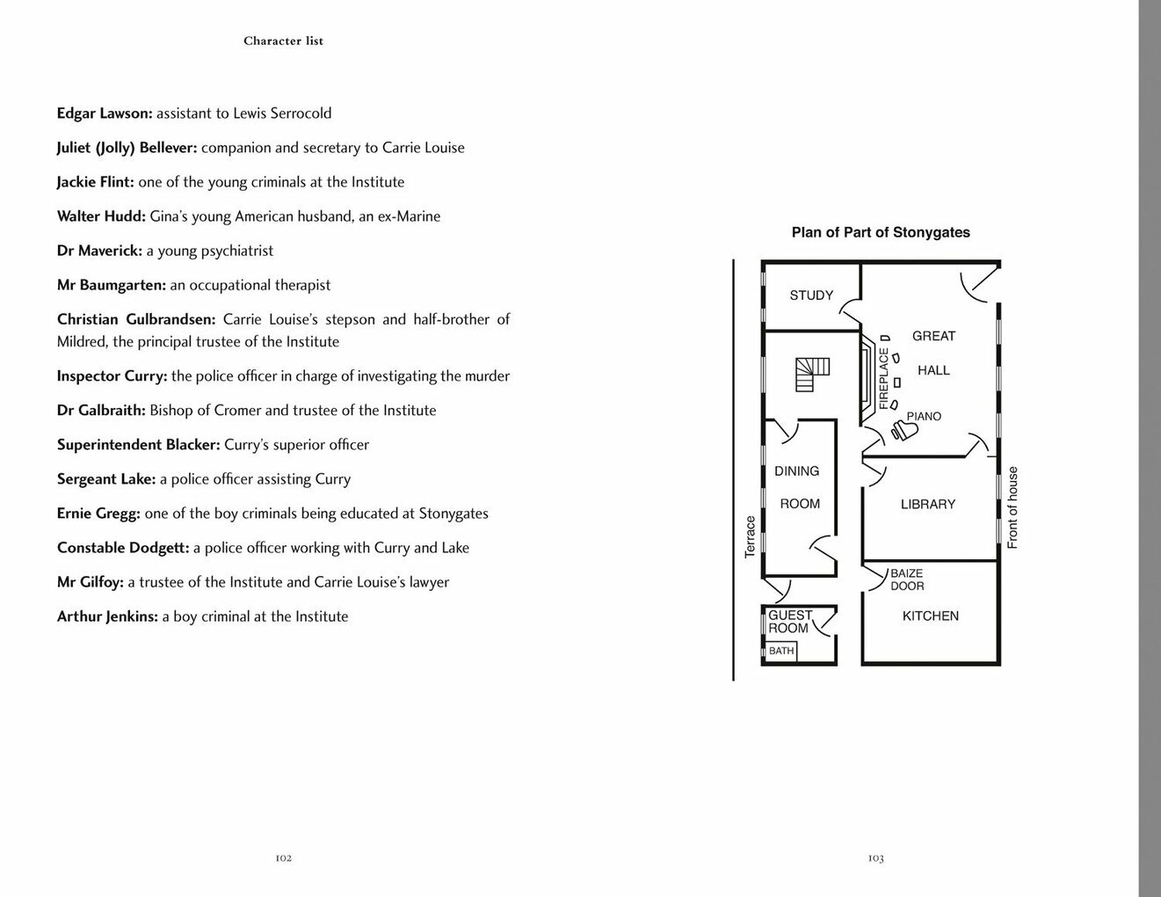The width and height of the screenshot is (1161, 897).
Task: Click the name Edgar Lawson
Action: click(x=105, y=113)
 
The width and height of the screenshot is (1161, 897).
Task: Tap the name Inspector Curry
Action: click(x=112, y=376)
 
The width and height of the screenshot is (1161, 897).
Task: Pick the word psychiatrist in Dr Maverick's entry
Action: click(x=232, y=251)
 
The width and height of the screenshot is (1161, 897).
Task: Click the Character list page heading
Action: click(x=283, y=41)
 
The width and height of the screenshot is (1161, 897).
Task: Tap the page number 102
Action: click(x=283, y=858)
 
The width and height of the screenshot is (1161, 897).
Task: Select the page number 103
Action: click(x=875, y=858)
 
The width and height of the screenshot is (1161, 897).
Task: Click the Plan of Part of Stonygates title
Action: click(x=881, y=233)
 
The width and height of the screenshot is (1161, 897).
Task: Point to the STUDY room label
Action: click(x=811, y=295)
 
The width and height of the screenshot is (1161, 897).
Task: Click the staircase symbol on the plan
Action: click(x=812, y=374)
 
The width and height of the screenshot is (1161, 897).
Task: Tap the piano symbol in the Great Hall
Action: click(x=903, y=430)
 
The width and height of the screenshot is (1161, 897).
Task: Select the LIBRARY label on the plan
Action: click(x=927, y=505)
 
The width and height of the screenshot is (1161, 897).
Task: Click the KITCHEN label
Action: click(x=930, y=616)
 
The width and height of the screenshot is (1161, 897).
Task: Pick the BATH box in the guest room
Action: click(x=781, y=652)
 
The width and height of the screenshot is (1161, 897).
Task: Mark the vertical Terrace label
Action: click(x=751, y=536)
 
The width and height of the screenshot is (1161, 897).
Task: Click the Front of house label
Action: click(x=1012, y=507)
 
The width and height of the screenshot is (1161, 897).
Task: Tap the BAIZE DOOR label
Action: click(x=907, y=580)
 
